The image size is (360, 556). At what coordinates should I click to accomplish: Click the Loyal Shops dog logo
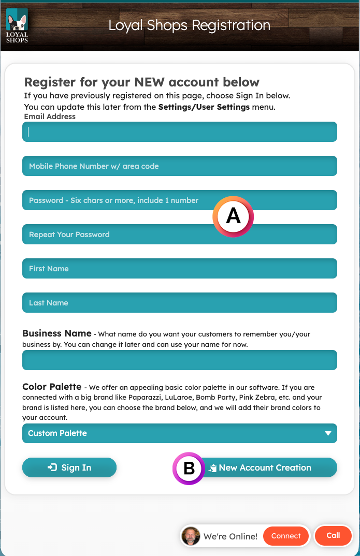pos(17,25)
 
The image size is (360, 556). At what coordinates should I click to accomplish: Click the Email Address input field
pos(179,132)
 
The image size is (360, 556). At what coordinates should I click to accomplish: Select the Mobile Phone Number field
pos(179,166)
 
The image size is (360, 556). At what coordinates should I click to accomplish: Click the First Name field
pos(179,269)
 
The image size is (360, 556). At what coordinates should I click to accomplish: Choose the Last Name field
pos(179,303)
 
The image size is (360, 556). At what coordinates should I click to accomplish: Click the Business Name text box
pos(179,360)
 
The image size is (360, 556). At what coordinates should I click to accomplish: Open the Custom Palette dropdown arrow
pos(327,433)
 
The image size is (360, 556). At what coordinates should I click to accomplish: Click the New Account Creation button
pos(264,467)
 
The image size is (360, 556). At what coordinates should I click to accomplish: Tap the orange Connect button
pos(286,536)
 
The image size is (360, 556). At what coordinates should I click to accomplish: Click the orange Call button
pos(333,535)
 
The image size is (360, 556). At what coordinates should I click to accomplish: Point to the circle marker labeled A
pos(233,216)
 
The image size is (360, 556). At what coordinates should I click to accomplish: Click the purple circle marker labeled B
pos(189,468)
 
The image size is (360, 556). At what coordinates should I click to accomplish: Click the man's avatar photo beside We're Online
pos(191,536)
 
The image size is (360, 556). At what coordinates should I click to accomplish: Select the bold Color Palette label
pos(52,387)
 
